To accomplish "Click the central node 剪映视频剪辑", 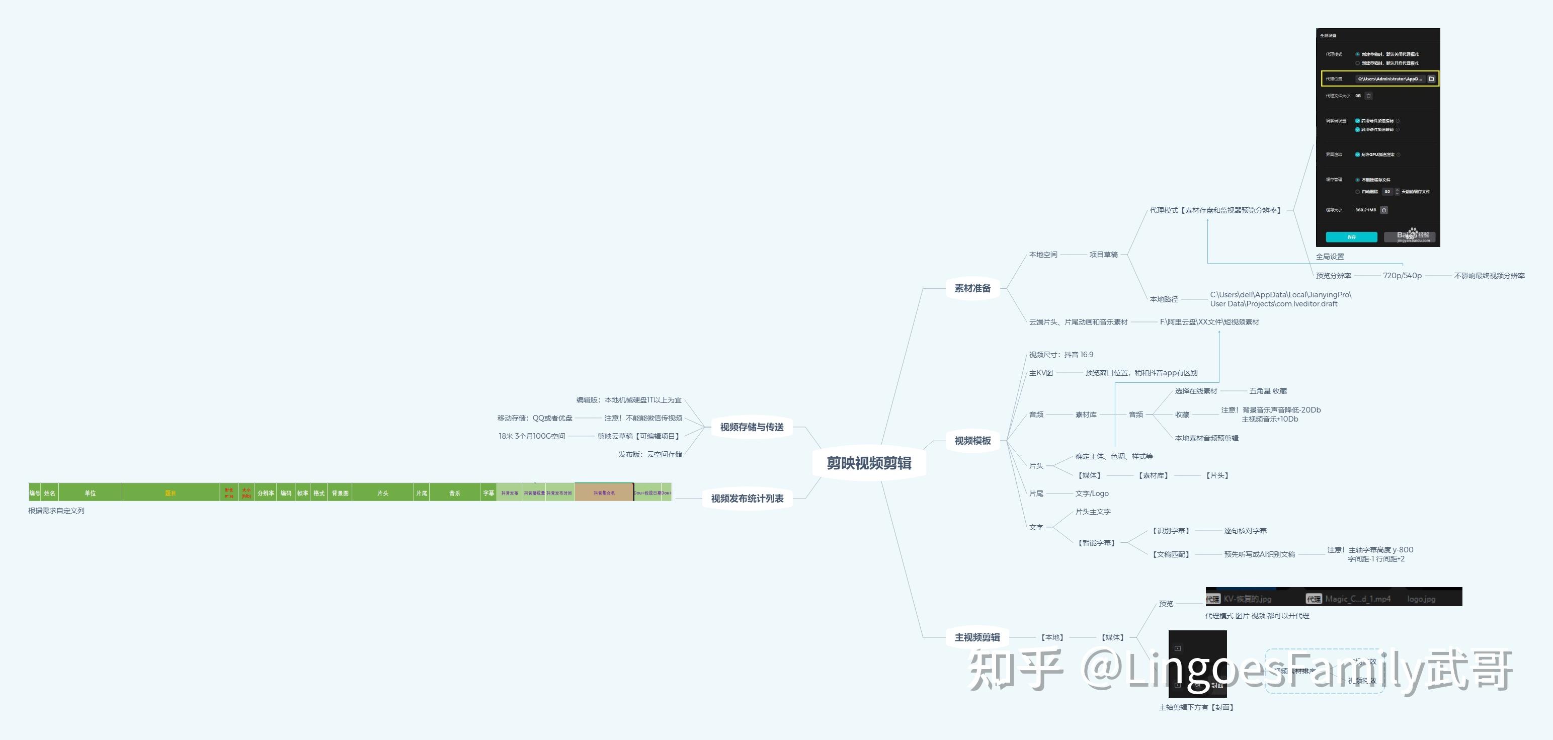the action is (x=869, y=463).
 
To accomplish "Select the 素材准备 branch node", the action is (x=972, y=288).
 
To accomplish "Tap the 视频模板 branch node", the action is (x=972, y=441).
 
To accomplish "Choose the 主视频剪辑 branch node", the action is (x=976, y=637).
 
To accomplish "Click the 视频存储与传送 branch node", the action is (x=751, y=427).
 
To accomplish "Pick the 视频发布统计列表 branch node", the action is (x=747, y=499).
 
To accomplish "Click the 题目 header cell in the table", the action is (x=171, y=493).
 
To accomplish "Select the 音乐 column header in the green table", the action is (x=455, y=493).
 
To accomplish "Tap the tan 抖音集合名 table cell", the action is (x=604, y=493).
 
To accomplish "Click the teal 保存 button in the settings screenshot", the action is (x=1351, y=237).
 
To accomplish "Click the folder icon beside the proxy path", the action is (x=1431, y=79).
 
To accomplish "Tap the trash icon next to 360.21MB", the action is (x=1384, y=210).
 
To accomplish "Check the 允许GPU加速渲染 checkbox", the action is (x=1358, y=155).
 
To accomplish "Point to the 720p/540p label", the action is (x=1402, y=275).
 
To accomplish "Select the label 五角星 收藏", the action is (x=1268, y=391).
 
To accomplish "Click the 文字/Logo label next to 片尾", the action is (x=1092, y=494).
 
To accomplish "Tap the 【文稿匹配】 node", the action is (x=1171, y=554).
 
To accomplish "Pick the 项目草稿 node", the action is (x=1103, y=255).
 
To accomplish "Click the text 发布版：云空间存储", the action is (x=650, y=454).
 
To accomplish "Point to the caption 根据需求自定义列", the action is (x=56, y=511).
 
